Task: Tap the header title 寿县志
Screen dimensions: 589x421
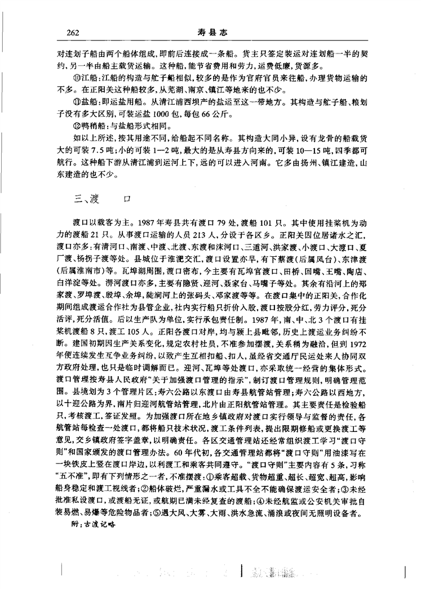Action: [211, 32]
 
